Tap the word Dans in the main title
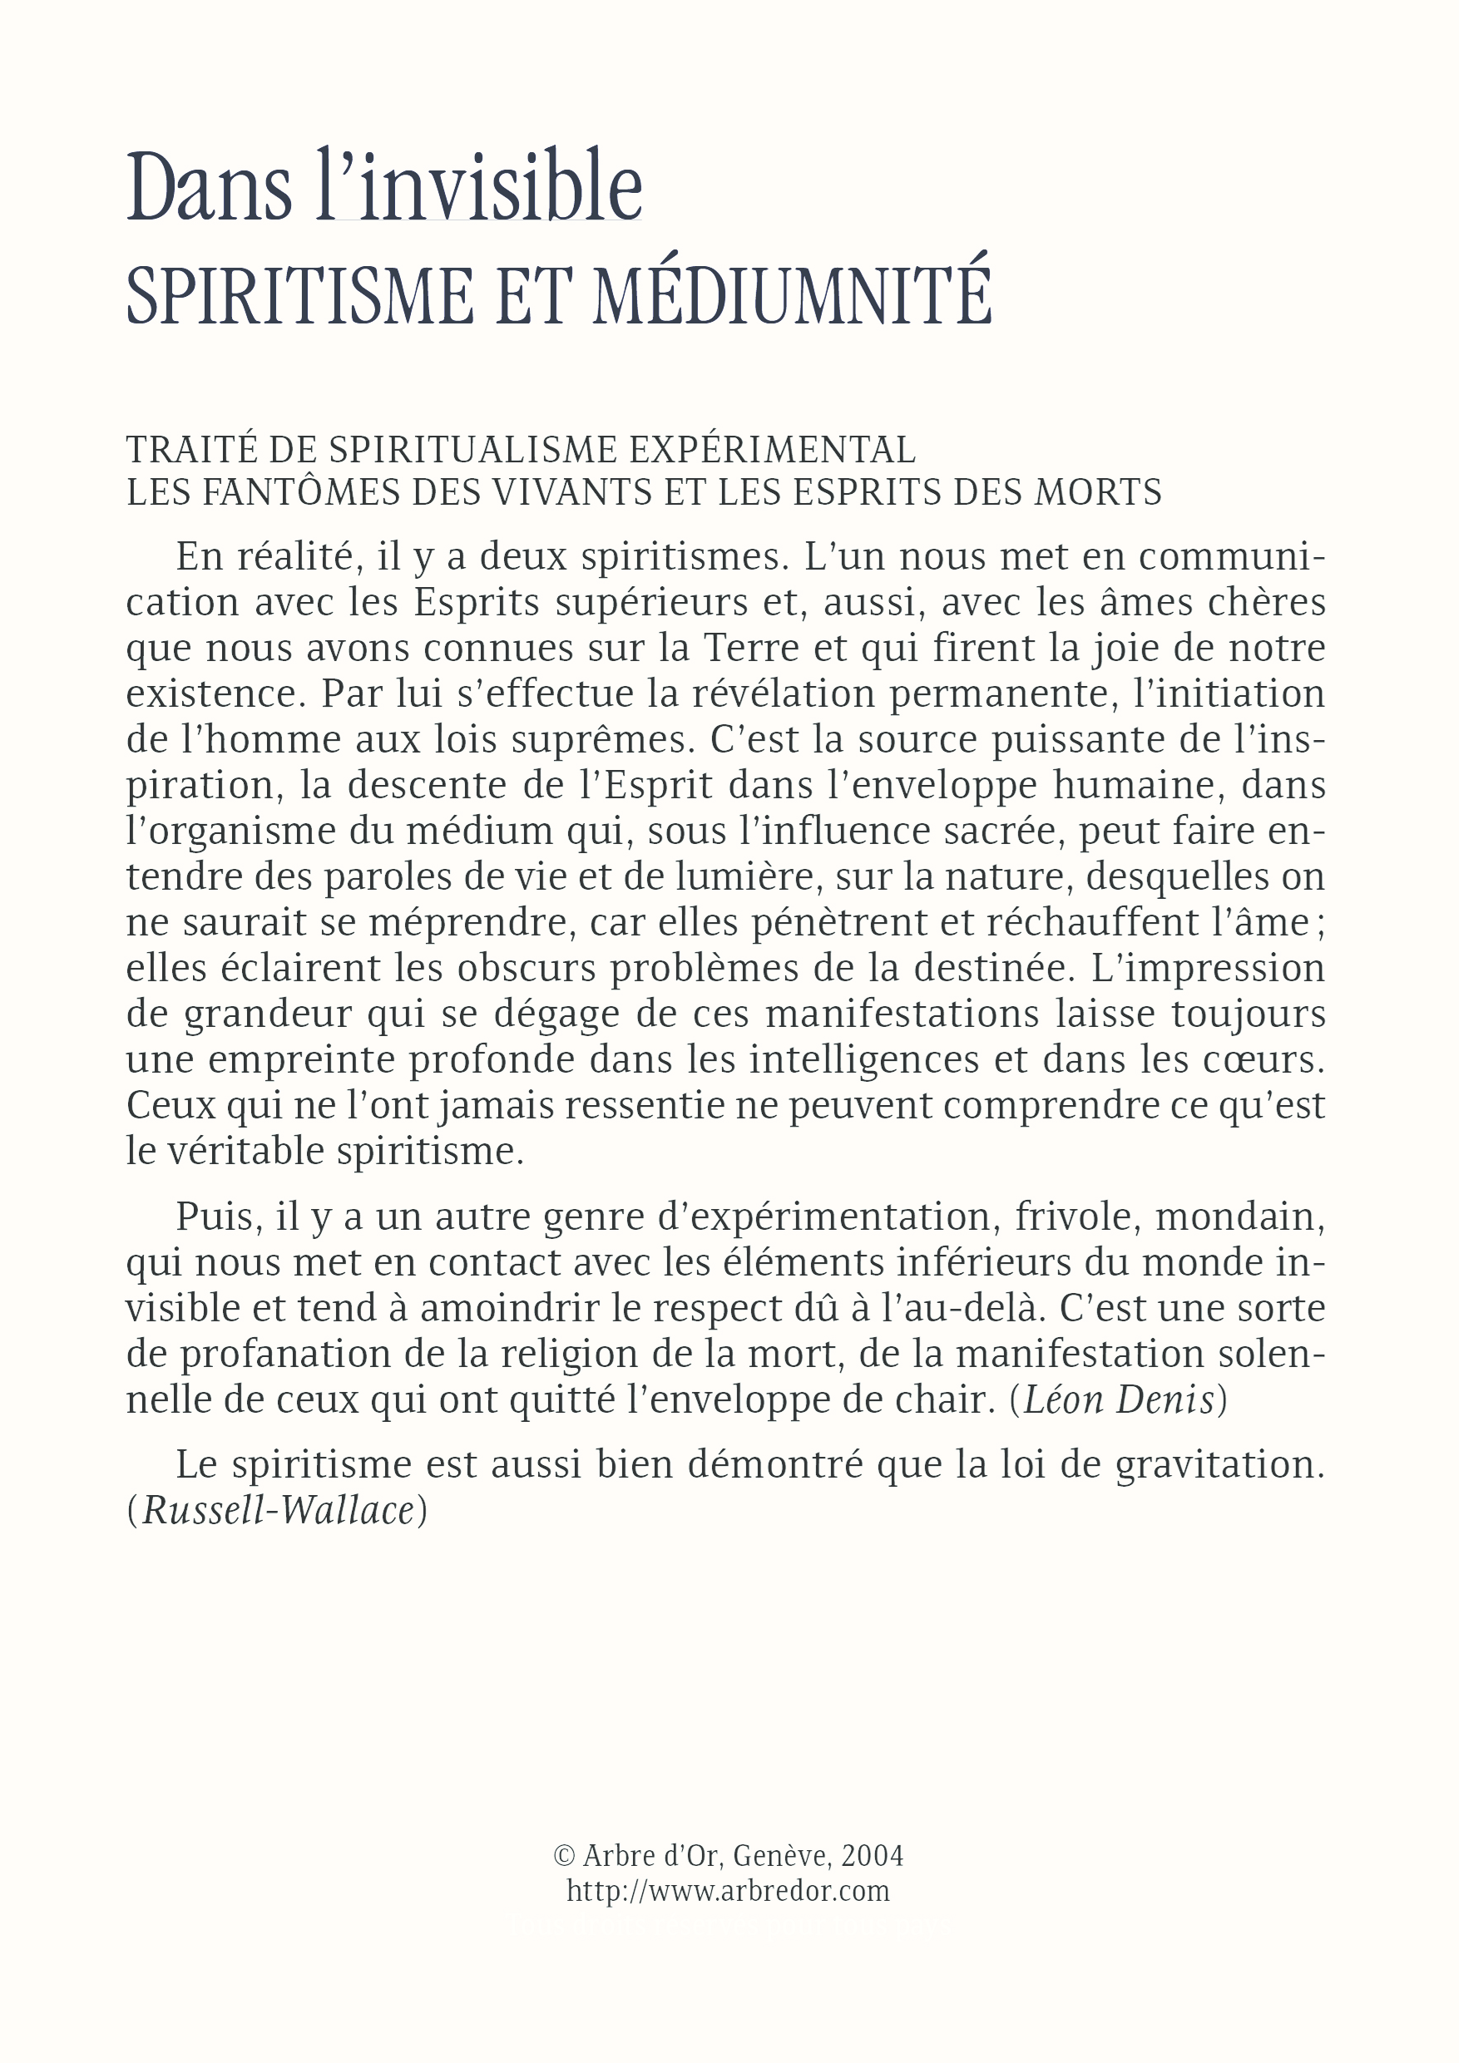209,188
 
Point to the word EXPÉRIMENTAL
771,449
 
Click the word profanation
285,1354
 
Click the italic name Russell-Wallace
278,1510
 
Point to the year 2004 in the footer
872,1855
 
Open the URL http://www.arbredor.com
728,1891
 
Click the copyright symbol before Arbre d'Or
565,1855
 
